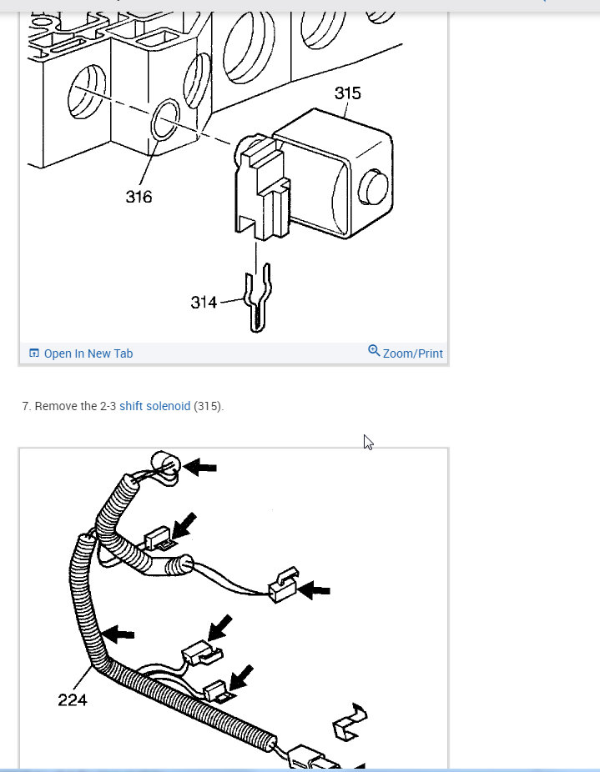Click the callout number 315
point(348,93)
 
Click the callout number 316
point(139,197)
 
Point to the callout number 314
point(204,303)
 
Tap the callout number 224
point(73,699)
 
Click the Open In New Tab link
point(88,353)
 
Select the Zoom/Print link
point(412,353)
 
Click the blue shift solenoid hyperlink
point(154,406)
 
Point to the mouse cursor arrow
point(367,442)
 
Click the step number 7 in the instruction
point(26,406)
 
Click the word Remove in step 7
point(54,406)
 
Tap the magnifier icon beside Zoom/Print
point(374,351)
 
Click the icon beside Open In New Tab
point(34,353)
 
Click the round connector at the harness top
point(164,464)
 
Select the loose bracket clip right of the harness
point(349,722)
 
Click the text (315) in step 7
point(208,406)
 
